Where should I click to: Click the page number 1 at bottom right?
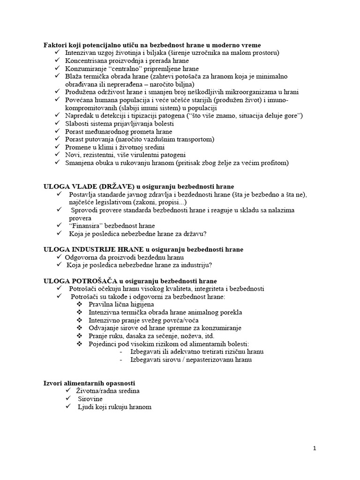pos(315,448)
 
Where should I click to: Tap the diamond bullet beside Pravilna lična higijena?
pos(78,305)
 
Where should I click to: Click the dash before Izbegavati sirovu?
pos(121,360)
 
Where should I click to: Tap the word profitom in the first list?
pos(276,163)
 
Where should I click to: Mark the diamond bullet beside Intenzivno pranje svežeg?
pos(78,320)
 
